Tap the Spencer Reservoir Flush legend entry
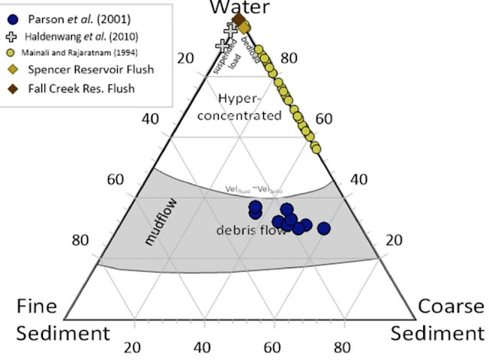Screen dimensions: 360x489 click(83, 70)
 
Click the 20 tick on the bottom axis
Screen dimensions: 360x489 click(134, 346)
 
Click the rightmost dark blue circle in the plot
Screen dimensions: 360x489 click(324, 228)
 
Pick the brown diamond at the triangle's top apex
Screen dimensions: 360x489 click(238, 19)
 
